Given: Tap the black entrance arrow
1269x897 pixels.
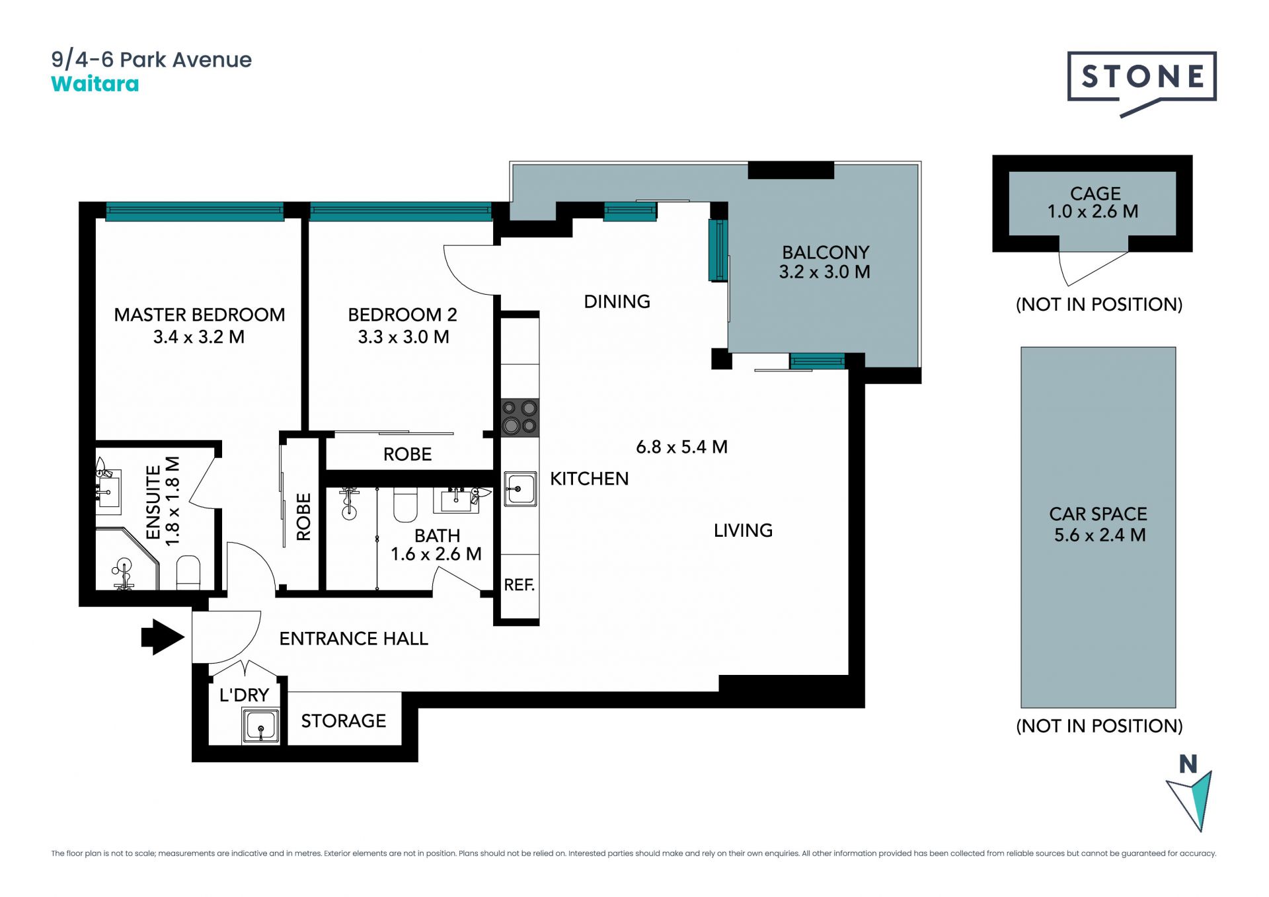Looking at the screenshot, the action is [163, 637].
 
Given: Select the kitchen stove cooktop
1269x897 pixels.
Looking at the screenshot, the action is [519, 417].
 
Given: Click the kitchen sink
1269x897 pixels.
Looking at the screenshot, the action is [520, 489].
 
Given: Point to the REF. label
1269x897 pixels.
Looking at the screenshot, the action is [519, 584].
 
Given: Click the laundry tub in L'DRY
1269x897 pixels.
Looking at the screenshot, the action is [260, 726].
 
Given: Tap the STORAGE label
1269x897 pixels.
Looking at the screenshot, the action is [344, 721].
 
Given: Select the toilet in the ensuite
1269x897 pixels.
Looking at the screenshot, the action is [188, 572].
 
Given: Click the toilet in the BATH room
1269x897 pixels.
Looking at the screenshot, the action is [406, 505].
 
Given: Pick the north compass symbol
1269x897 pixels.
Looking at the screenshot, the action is [1190, 793].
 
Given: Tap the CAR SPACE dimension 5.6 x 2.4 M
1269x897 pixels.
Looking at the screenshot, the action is [1100, 535].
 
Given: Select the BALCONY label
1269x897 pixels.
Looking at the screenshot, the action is [826, 253].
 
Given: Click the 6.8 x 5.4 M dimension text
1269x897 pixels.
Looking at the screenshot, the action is [681, 447].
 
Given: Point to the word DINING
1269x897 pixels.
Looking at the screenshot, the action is [617, 301].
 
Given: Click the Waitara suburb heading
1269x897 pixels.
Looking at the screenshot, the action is [95, 84].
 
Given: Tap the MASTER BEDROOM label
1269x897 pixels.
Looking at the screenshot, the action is [200, 315].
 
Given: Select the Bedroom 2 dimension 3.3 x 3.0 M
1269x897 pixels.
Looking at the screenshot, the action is [403, 337].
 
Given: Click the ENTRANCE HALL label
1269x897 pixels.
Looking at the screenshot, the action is [354, 639].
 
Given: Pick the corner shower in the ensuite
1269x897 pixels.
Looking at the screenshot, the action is [128, 559].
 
